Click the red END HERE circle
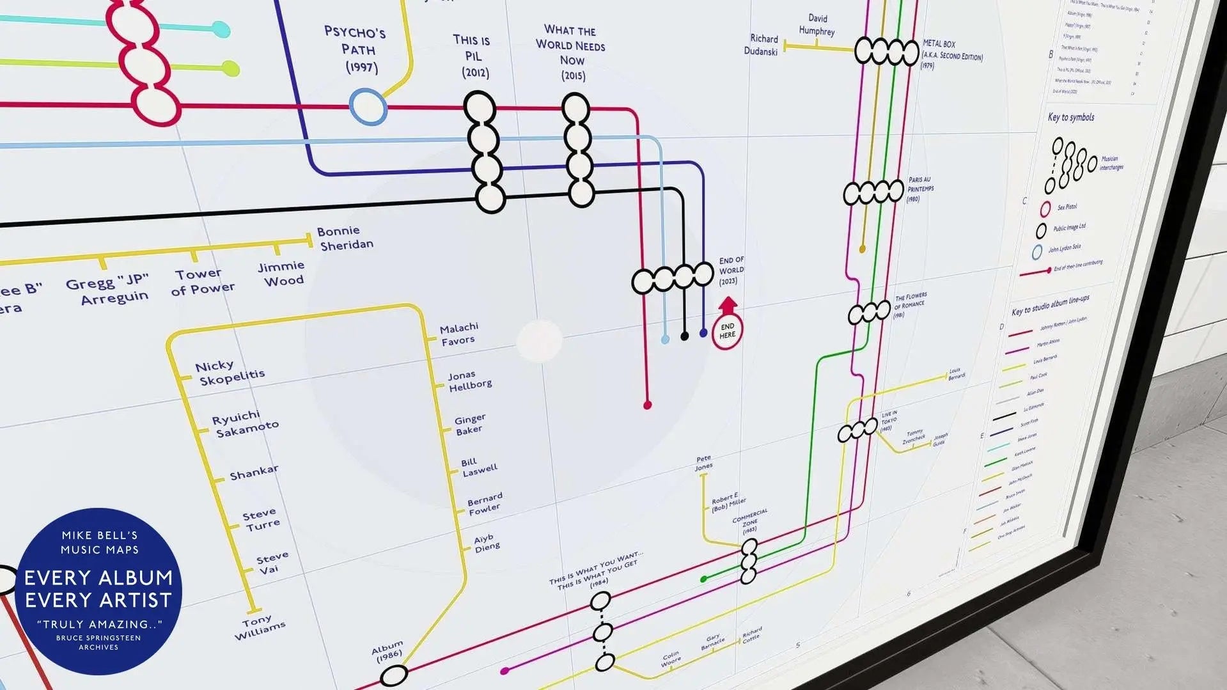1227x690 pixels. (x=727, y=331)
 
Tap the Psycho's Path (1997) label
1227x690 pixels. (x=355, y=49)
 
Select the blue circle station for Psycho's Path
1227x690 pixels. (x=368, y=107)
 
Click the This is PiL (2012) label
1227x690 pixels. (x=473, y=56)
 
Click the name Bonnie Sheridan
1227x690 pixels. (x=345, y=238)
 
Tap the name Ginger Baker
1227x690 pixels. (x=469, y=425)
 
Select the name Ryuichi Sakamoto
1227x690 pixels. (x=245, y=424)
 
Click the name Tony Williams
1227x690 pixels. (x=259, y=627)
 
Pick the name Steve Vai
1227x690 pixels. (x=272, y=563)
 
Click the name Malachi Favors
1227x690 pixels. (x=459, y=334)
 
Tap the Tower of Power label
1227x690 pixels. (x=202, y=281)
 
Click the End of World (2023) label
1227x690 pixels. (x=730, y=271)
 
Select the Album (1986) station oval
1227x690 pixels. (x=394, y=675)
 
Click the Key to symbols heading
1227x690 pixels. (x=1070, y=117)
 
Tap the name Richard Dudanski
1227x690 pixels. (x=762, y=45)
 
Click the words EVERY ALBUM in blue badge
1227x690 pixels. (x=98, y=577)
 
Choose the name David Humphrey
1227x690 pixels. (x=817, y=25)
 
